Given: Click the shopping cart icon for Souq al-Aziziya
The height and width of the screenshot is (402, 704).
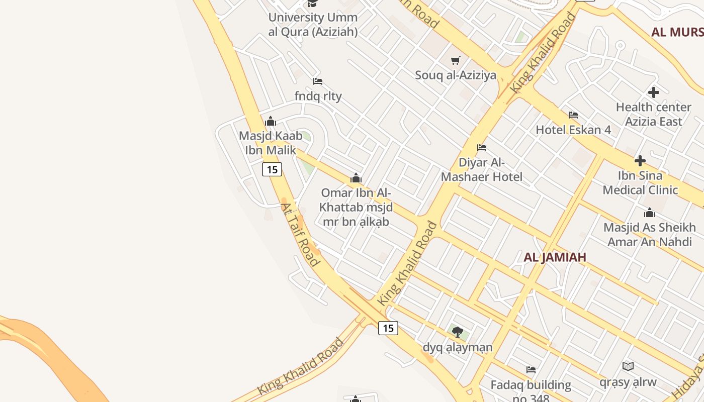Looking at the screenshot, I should tap(456, 61).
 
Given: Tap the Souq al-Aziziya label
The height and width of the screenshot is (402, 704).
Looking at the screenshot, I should tap(456, 75).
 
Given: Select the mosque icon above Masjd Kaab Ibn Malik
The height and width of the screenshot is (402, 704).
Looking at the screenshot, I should tap(271, 121).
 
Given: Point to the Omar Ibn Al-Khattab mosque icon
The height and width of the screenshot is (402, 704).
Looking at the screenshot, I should tap(356, 178).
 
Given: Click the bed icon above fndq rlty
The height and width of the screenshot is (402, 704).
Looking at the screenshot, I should tap(318, 81).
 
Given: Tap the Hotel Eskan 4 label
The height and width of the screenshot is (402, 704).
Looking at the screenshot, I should tap(573, 130).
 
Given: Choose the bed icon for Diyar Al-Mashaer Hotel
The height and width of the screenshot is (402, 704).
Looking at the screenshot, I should tap(482, 148).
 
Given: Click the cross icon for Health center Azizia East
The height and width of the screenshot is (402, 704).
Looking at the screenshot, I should tap(654, 92).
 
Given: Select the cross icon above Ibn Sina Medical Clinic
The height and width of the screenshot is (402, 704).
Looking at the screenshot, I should tap(640, 161).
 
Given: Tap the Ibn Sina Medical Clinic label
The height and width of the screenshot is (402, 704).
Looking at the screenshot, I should tap(640, 183).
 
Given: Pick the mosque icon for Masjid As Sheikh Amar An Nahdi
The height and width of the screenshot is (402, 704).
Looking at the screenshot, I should tap(650, 213).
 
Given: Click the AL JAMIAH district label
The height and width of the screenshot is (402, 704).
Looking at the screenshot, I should tap(555, 257).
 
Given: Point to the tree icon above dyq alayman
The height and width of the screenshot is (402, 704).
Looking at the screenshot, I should tap(458, 332).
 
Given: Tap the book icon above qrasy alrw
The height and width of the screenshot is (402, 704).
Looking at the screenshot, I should tap(628, 366).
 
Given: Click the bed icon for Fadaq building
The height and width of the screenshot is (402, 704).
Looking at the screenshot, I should tap(531, 370).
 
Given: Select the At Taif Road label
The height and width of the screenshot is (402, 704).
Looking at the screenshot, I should tap(300, 234).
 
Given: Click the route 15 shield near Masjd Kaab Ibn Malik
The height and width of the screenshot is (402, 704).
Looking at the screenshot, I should tap(272, 169).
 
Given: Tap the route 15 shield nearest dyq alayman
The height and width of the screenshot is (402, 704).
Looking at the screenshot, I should tap(388, 328).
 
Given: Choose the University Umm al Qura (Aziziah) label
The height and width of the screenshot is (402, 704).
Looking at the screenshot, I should tap(313, 25).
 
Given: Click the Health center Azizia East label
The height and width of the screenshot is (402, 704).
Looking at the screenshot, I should tap(654, 114).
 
